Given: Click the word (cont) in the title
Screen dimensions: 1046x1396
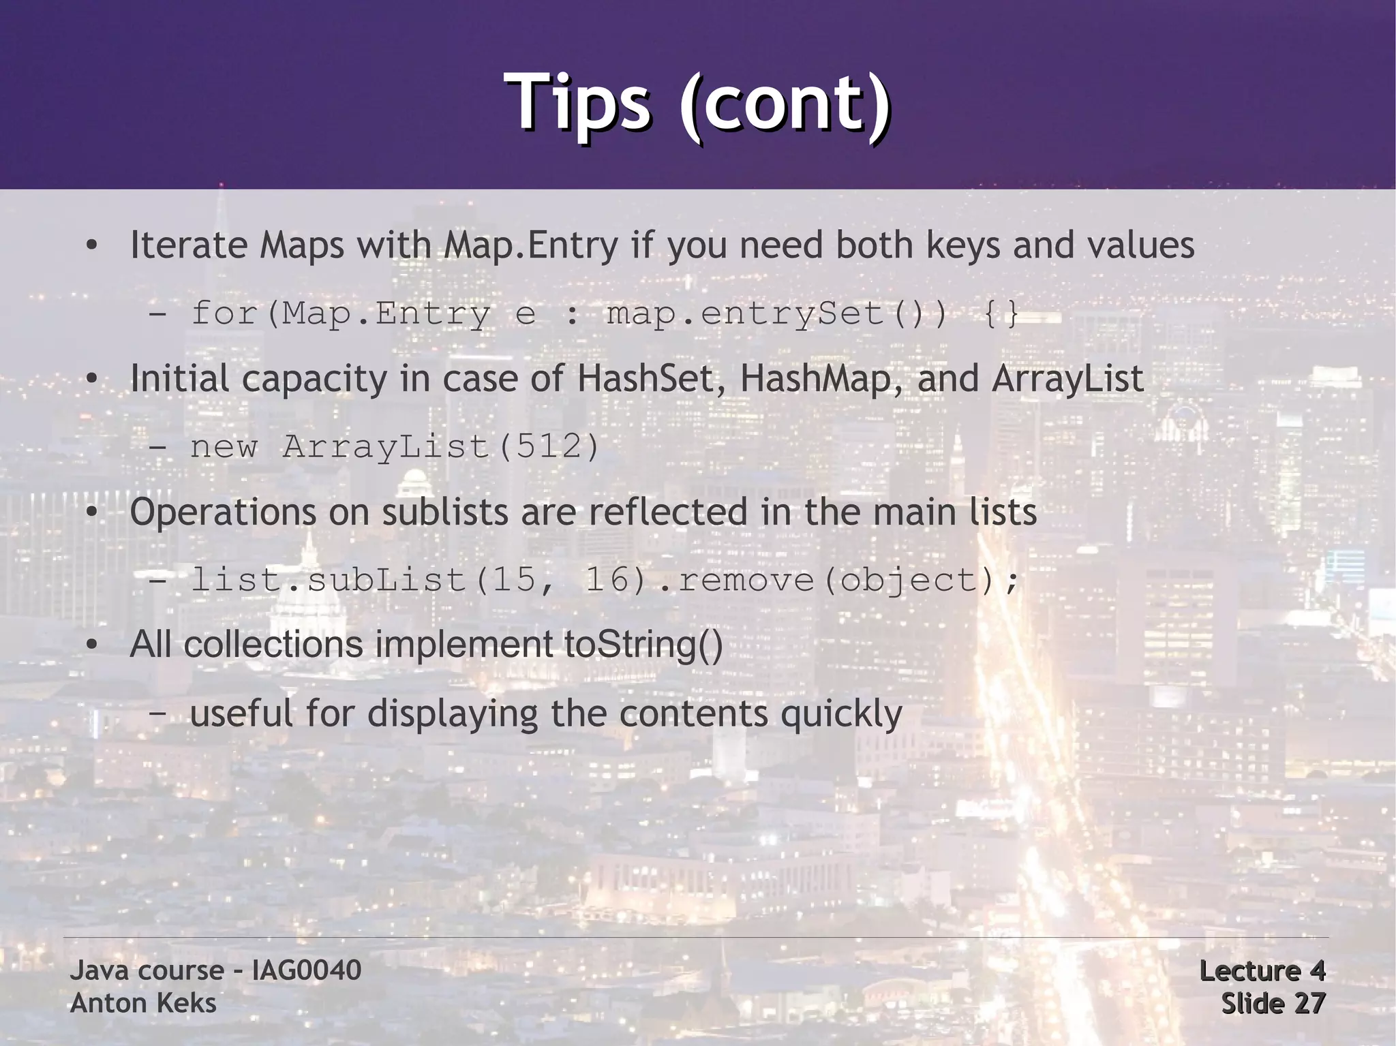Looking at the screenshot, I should [x=784, y=104].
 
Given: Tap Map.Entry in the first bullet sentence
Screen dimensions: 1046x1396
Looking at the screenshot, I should [x=531, y=245].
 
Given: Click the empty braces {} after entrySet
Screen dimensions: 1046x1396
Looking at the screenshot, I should [x=1002, y=314].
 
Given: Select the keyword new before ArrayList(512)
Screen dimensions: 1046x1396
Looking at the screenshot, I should [x=224, y=447].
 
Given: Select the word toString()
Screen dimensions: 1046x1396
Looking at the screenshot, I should [x=643, y=644].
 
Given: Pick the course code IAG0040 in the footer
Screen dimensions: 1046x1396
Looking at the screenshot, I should [x=306, y=970].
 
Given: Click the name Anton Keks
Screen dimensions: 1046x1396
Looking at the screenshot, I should [x=143, y=1003].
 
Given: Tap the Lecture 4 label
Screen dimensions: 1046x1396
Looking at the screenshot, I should [x=1262, y=970].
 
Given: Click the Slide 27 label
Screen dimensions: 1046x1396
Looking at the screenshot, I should [x=1273, y=1003].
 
